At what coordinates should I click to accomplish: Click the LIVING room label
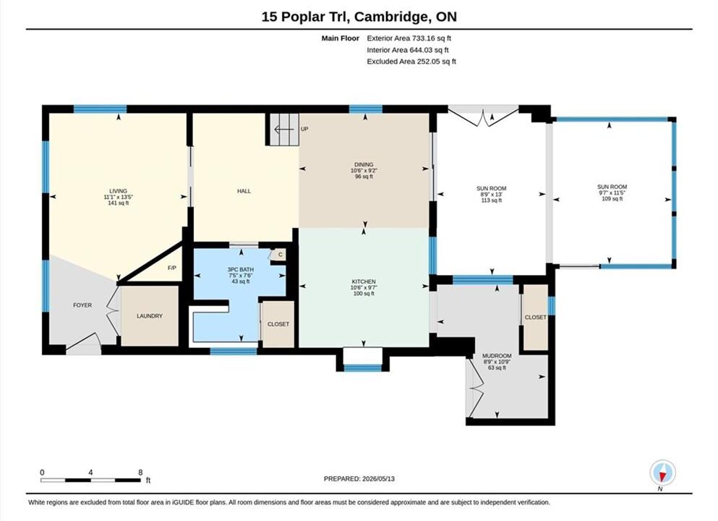point(118,191)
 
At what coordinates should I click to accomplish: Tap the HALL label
point(244,191)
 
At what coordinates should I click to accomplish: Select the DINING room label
point(364,164)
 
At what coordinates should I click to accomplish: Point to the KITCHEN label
point(364,281)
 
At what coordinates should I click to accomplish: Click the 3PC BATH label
point(240,270)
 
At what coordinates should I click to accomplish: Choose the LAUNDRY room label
point(150,316)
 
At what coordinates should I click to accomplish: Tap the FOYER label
point(82,305)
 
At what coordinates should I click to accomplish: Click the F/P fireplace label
point(171,268)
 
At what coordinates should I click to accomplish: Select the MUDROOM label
point(497,356)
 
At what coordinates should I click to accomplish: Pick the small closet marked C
point(279,254)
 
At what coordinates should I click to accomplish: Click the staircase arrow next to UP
point(283,130)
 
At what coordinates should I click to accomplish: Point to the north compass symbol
point(662,473)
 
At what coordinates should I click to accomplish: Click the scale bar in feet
point(90,480)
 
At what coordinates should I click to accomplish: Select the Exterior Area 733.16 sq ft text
point(409,38)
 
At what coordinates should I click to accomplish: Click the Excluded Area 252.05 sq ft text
point(411,62)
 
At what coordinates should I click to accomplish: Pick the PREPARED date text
point(359,479)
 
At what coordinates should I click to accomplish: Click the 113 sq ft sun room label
point(492,200)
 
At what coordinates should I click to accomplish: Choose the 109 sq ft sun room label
point(612,199)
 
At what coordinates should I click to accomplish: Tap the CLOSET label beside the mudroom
point(536,317)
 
